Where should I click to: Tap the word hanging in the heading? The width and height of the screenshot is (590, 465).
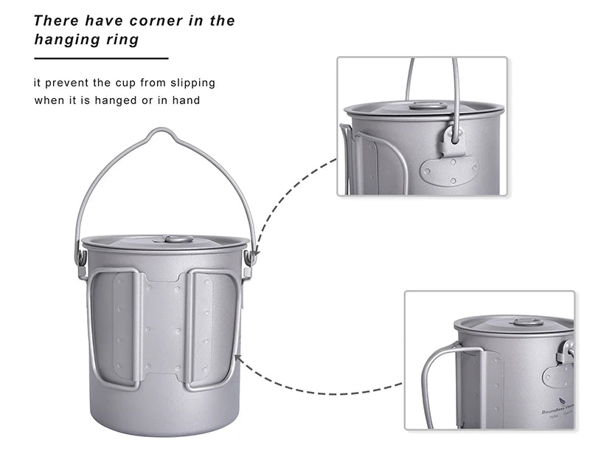(64, 40)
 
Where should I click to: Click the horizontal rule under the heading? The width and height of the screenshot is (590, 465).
(101, 58)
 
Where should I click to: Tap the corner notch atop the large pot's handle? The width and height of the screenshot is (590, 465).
(164, 134)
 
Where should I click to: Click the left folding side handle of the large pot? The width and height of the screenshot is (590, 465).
(114, 328)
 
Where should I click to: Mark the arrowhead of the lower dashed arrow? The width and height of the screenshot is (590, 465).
(240, 359)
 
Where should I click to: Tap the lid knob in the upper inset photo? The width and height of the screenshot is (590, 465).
(428, 106)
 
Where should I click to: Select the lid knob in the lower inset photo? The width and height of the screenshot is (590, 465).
(527, 321)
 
